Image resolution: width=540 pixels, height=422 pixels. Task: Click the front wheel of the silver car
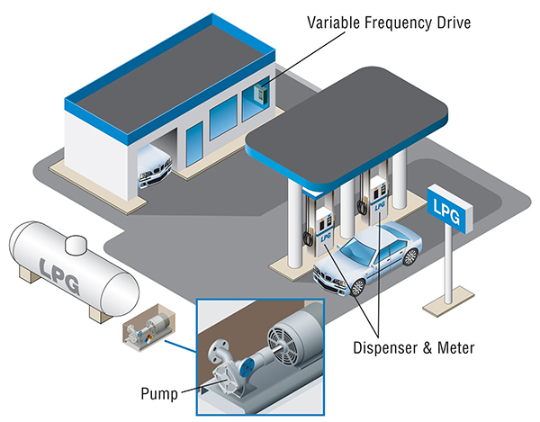pyautogui.click(x=356, y=287)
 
